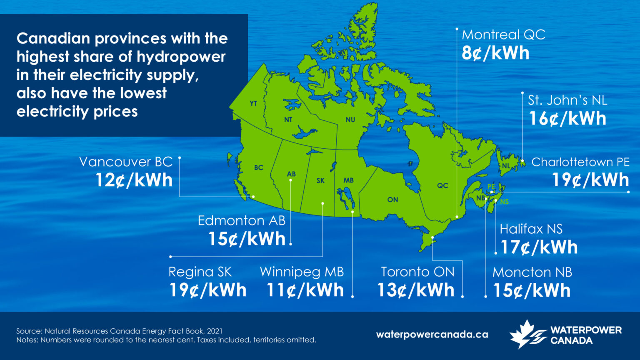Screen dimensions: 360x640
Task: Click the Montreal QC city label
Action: [x=503, y=35]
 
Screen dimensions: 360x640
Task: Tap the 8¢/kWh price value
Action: [x=495, y=53]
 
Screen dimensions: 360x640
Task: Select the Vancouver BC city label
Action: [x=126, y=162]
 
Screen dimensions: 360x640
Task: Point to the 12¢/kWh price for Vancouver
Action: [x=134, y=180]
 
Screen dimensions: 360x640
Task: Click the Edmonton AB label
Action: [x=242, y=220]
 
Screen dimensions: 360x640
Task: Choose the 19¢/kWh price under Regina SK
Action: [x=207, y=290]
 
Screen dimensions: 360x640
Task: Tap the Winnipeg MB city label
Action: [x=302, y=272]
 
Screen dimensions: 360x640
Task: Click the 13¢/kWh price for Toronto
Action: [x=415, y=290]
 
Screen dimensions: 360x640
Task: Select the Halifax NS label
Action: [x=531, y=229]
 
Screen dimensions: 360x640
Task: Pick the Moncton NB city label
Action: [x=532, y=272]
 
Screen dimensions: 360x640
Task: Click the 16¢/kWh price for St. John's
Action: [x=567, y=119]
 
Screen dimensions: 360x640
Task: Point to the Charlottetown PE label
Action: [x=580, y=162]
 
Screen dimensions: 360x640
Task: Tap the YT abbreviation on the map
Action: [x=253, y=103]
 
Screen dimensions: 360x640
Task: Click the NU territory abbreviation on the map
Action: [x=350, y=120]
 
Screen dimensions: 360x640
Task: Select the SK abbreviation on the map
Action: [x=320, y=180]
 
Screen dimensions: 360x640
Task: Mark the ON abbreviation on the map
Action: [x=392, y=200]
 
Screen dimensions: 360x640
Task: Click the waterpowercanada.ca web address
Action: [x=432, y=335]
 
